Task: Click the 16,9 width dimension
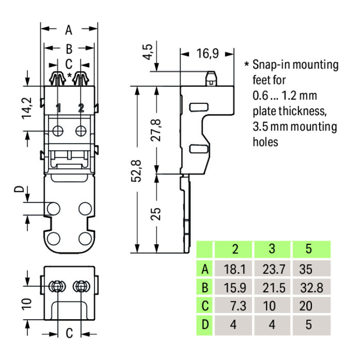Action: coord(207,53)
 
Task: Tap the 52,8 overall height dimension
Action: coord(136,171)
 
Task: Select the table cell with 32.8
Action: coord(311,288)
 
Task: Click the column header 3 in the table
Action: coord(272,249)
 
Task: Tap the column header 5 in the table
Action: coord(308,249)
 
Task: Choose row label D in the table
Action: coord(205,325)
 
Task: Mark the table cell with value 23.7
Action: coord(272,269)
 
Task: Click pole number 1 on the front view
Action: coord(58,108)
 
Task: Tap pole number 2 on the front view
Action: coord(81,108)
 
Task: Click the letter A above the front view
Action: coord(69,30)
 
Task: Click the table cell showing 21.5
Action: coord(272,288)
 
